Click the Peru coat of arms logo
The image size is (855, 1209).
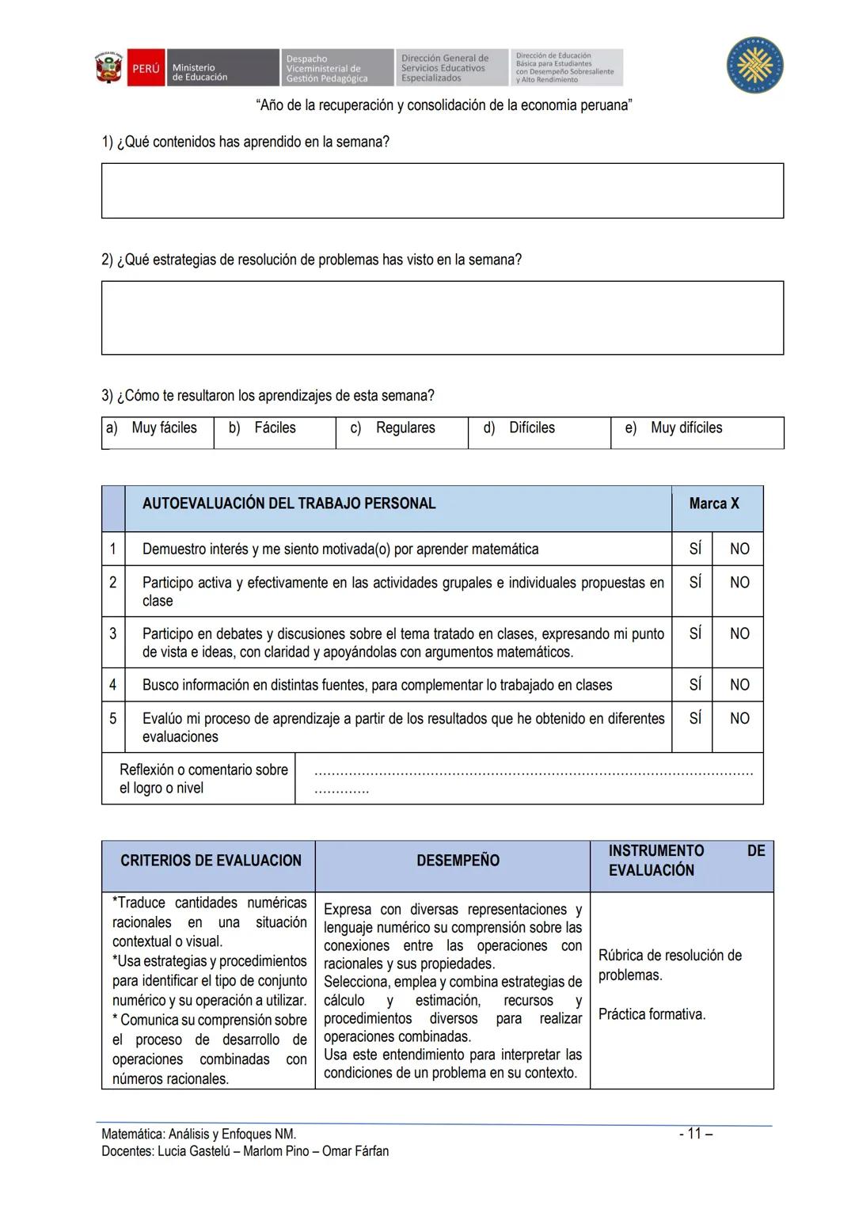[108, 68]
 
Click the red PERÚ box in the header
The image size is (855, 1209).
[146, 69]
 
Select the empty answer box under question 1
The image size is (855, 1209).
[442, 191]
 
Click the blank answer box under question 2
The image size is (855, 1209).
[442, 317]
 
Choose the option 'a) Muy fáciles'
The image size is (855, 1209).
[158, 428]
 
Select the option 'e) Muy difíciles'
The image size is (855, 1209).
[686, 428]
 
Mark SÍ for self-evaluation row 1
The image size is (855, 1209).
[694, 549]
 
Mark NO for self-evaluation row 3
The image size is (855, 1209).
[739, 634]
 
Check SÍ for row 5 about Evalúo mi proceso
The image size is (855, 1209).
[694, 719]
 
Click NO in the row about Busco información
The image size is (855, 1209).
[739, 685]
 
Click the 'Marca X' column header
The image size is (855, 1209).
[713, 504]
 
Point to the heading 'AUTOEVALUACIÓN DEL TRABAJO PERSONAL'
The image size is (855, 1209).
[289, 504]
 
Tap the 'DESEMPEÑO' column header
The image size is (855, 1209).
[458, 861]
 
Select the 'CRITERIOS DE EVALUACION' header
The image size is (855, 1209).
[211, 861]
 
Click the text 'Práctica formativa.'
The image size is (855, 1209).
[651, 1014]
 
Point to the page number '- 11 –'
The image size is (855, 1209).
[696, 1134]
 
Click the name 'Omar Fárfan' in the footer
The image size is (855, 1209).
[355, 1151]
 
